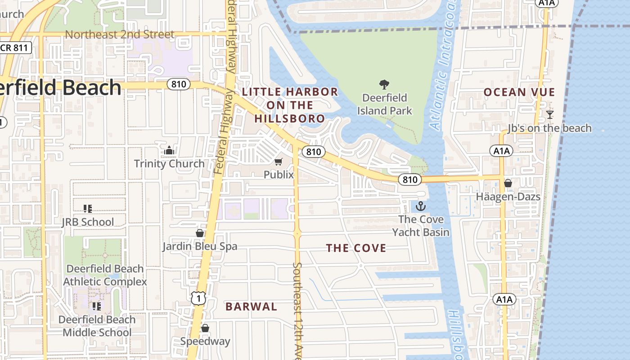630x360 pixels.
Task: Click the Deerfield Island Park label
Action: point(385,104)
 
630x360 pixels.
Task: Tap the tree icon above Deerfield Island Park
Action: point(384,84)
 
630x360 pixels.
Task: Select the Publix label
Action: point(279,175)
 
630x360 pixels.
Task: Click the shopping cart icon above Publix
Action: point(279,162)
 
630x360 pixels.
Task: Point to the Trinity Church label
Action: point(169,163)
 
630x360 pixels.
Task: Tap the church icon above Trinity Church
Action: point(169,150)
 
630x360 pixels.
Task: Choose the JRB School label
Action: point(88,222)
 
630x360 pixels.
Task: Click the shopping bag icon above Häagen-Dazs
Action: point(508,183)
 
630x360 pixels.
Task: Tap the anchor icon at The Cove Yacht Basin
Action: point(420,207)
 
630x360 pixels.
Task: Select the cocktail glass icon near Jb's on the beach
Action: point(549,115)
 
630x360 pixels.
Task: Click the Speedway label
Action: point(205,341)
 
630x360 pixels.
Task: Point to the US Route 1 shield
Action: point(198,298)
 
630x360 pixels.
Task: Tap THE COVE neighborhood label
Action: point(356,248)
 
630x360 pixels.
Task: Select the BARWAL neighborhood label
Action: point(251,307)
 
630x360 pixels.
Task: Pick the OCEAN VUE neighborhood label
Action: point(519,92)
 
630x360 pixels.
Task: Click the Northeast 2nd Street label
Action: point(120,35)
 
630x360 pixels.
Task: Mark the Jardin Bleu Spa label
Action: point(200,246)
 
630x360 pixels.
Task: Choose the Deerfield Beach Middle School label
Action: point(97,326)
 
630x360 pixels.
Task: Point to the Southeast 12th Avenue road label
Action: point(297,310)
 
